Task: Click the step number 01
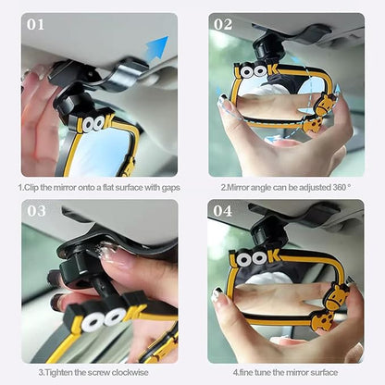point(35,25)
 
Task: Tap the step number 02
point(223,25)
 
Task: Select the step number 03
point(36,211)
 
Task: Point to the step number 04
point(223,211)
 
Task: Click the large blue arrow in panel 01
point(156,47)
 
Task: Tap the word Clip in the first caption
point(31,187)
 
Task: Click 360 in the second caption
point(340,187)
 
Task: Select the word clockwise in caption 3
point(130,372)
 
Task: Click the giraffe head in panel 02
point(324,105)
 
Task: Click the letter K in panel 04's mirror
point(274,256)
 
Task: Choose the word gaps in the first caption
point(170,188)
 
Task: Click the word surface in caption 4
point(324,372)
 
